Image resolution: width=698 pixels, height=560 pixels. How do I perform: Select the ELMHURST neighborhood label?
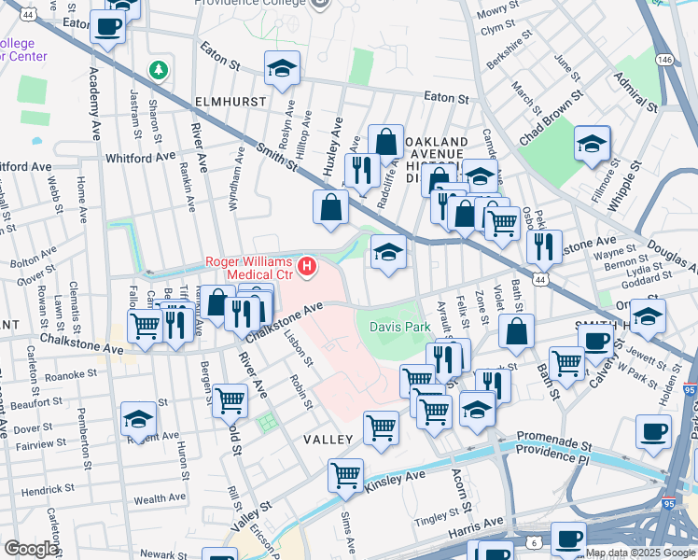click(x=230, y=100)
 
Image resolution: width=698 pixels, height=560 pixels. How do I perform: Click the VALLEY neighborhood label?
click(x=328, y=439)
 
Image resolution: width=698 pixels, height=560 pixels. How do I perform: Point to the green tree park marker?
click(x=160, y=70)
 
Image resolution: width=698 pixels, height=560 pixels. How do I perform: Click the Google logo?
click(x=31, y=549)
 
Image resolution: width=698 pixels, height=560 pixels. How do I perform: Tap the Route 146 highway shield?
click(x=663, y=59)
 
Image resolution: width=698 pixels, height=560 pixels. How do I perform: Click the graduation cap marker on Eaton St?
click(x=280, y=68)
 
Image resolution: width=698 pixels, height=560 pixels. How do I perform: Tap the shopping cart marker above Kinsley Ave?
click(x=345, y=474)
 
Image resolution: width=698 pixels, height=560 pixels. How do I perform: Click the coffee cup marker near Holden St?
click(x=654, y=432)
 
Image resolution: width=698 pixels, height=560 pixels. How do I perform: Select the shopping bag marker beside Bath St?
click(x=516, y=331)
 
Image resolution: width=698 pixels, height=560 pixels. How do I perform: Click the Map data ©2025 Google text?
click(x=640, y=553)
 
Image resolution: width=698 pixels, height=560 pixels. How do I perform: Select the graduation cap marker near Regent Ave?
click(x=138, y=419)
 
